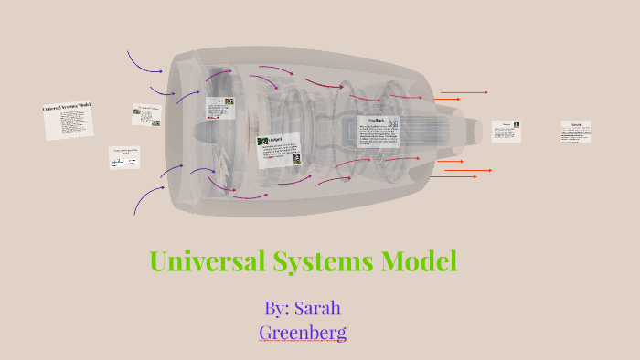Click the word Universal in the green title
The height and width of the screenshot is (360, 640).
207,261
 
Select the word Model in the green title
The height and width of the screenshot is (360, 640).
420,261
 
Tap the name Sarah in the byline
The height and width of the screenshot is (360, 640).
317,308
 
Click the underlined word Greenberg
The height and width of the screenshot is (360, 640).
303,332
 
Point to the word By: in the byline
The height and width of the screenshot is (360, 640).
276,308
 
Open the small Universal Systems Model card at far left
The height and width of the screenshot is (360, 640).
69,120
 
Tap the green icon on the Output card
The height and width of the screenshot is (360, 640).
263,142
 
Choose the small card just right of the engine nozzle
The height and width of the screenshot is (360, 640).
507,131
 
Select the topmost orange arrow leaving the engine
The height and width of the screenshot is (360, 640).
464,92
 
